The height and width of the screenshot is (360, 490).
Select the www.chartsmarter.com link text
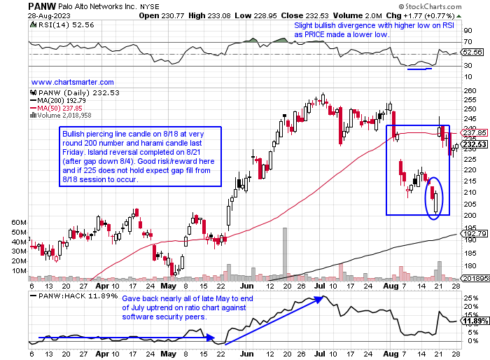73,81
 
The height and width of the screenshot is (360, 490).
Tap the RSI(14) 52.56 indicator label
52,26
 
